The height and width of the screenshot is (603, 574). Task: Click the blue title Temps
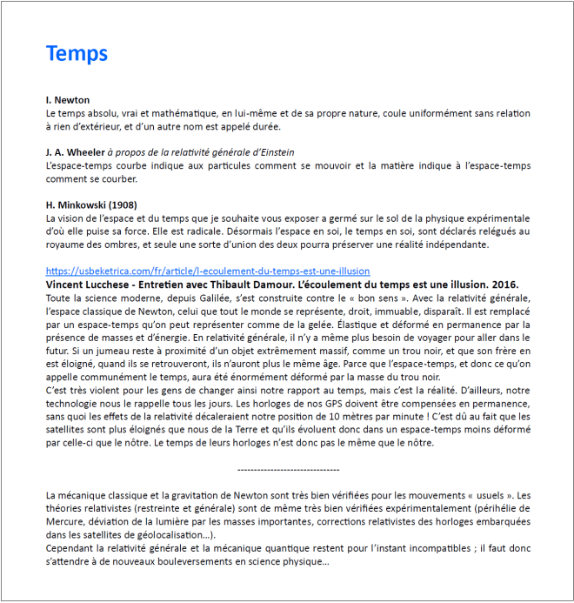coord(77,53)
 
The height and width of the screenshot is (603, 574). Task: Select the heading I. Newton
coord(67,100)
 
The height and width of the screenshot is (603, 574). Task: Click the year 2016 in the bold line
coord(504,285)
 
